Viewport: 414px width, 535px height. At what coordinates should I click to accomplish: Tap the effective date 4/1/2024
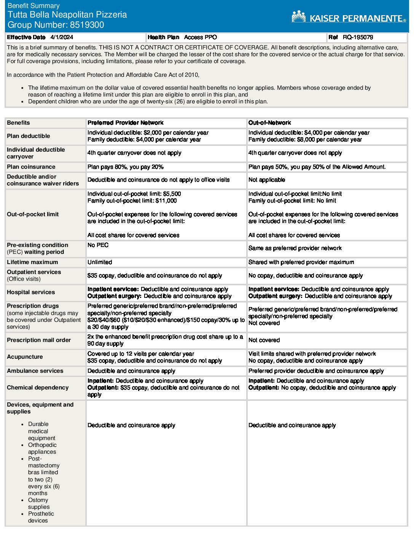(x=62, y=37)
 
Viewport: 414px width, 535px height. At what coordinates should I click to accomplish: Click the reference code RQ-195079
(x=358, y=37)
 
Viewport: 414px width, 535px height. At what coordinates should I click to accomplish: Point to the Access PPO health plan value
(x=201, y=37)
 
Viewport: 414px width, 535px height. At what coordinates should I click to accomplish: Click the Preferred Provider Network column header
(x=126, y=123)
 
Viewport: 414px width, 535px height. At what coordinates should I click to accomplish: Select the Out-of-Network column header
(x=269, y=123)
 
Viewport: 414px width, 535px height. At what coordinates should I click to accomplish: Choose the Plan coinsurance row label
(x=31, y=167)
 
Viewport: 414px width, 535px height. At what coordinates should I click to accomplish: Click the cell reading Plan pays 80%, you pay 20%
(x=126, y=167)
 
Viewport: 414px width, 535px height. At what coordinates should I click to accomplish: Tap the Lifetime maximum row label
(x=33, y=262)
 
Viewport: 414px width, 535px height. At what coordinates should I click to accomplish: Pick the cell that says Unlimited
(x=100, y=262)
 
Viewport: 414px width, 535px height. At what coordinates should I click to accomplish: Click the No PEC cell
(x=98, y=245)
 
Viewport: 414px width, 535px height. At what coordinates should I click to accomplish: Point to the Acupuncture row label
(x=25, y=357)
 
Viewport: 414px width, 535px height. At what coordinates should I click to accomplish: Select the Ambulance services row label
(x=35, y=371)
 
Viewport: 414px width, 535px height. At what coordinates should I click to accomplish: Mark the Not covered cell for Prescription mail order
(x=264, y=340)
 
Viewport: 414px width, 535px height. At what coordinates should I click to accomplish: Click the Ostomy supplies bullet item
(x=38, y=503)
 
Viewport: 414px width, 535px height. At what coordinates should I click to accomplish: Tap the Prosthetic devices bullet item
(x=41, y=517)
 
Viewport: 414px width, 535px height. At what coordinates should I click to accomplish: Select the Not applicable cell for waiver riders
(x=267, y=180)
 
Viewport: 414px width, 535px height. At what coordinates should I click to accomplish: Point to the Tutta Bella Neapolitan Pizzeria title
(x=67, y=15)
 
